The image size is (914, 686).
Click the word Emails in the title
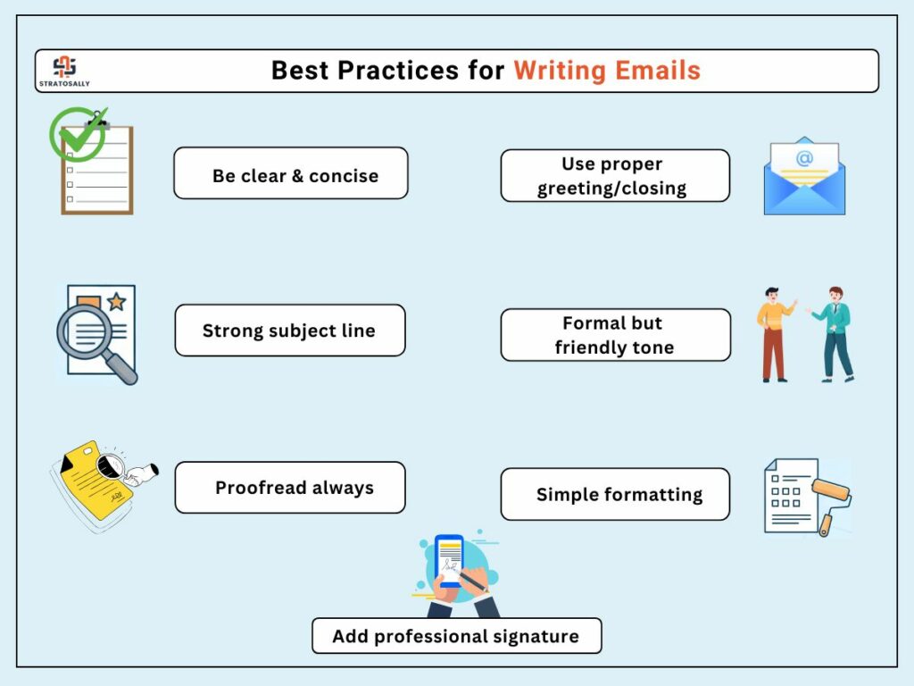pyautogui.click(x=658, y=71)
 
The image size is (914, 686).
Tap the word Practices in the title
pyautogui.click(x=398, y=71)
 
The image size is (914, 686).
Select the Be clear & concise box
pyautogui.click(x=291, y=173)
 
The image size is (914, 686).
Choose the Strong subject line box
pyautogui.click(x=290, y=330)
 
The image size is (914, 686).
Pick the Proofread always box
pyautogui.click(x=290, y=488)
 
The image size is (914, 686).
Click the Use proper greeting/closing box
pyautogui.click(x=615, y=176)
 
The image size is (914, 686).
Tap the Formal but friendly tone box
pyautogui.click(x=616, y=335)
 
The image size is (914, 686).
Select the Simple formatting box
pyautogui.click(x=615, y=494)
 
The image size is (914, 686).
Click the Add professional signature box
pyautogui.click(x=457, y=636)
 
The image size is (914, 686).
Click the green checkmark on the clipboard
pyautogui.click(x=79, y=134)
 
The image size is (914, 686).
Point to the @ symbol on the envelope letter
pyautogui.click(x=804, y=157)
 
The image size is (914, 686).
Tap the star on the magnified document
pyautogui.click(x=117, y=302)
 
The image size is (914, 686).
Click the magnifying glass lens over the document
pyautogui.click(x=85, y=332)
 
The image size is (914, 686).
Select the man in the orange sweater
pyautogui.click(x=775, y=334)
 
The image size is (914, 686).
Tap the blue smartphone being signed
pyautogui.click(x=450, y=561)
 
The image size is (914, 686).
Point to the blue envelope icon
pyautogui.click(x=804, y=176)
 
